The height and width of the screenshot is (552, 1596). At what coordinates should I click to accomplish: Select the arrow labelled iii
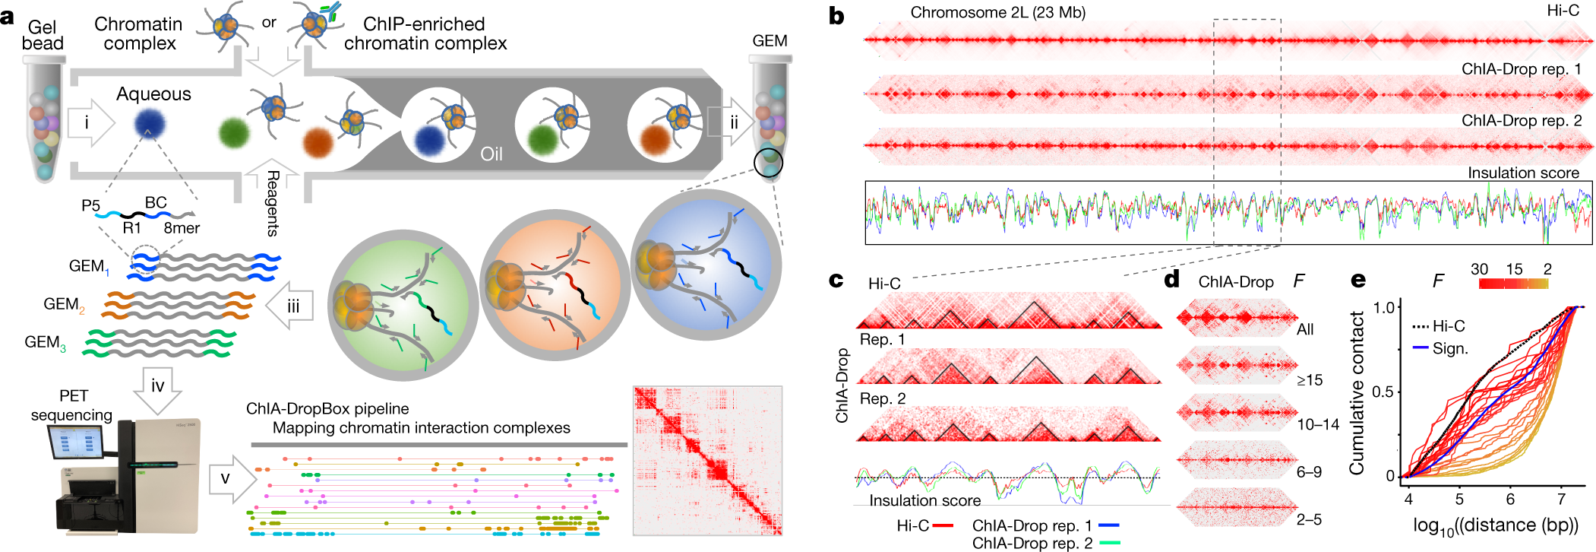pos(292,306)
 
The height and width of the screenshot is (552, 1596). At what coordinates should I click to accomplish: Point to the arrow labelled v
pos(230,478)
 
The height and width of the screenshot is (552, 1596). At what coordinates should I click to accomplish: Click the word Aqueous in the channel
pos(153,94)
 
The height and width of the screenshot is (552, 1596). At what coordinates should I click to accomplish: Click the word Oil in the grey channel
pos(491,154)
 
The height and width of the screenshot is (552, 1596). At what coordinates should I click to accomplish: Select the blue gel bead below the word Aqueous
pos(149,124)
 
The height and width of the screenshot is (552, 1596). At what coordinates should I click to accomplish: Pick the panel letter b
pos(836,16)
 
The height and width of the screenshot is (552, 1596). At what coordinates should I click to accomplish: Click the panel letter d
pos(1172,280)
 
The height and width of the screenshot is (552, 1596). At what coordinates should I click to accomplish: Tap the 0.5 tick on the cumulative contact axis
pos(1385,392)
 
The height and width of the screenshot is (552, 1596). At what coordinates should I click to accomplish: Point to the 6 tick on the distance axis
pos(1510,499)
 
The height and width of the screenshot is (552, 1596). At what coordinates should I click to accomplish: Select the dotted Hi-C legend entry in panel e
pos(1439,326)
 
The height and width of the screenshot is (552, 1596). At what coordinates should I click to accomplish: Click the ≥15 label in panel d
pos(1310,379)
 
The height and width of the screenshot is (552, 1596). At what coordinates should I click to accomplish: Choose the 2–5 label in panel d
pos(1309,519)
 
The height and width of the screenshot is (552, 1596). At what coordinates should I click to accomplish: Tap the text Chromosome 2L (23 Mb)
pos(997,13)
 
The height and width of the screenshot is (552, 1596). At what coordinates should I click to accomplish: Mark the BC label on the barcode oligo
pos(156,203)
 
